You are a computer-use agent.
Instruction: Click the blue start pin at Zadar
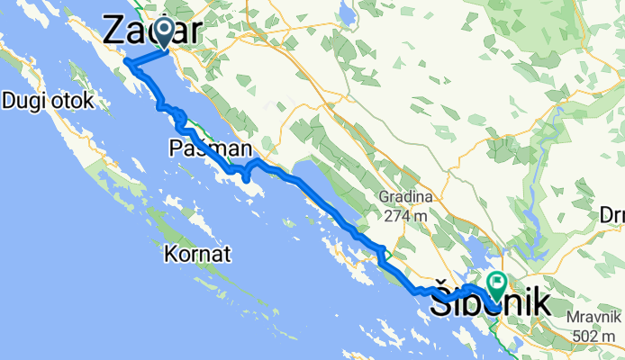click(x=165, y=33)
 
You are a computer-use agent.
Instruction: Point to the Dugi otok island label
click(x=49, y=101)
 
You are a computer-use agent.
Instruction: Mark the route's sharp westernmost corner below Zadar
click(x=125, y=63)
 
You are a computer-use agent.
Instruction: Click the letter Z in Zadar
click(x=116, y=31)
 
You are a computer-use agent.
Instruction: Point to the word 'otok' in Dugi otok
click(x=72, y=101)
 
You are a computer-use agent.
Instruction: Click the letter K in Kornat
click(x=170, y=255)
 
